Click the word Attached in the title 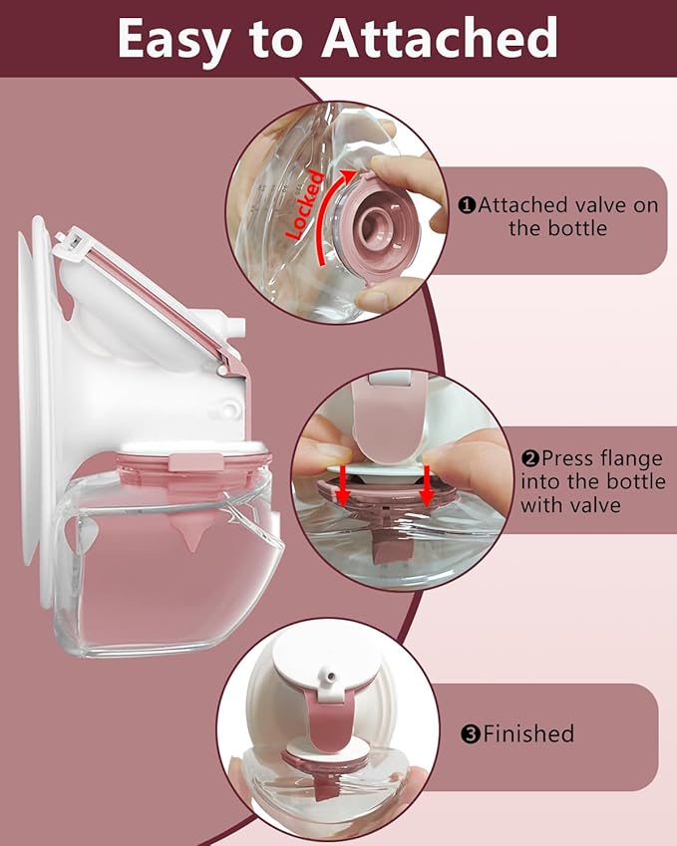pos(442,38)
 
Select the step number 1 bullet pos(467,206)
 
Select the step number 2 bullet pos(529,459)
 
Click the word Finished pos(528,735)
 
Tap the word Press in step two pos(568,459)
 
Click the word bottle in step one pos(575,229)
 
